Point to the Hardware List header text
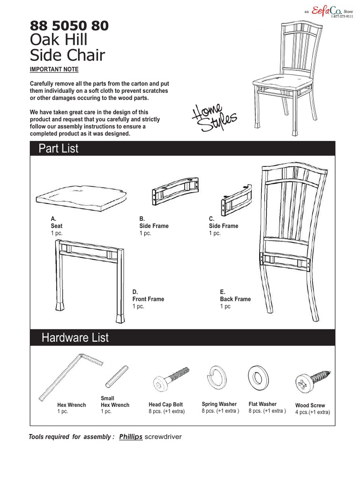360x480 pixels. point(75,337)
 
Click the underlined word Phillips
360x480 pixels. point(131,436)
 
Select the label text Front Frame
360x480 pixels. point(148,299)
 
